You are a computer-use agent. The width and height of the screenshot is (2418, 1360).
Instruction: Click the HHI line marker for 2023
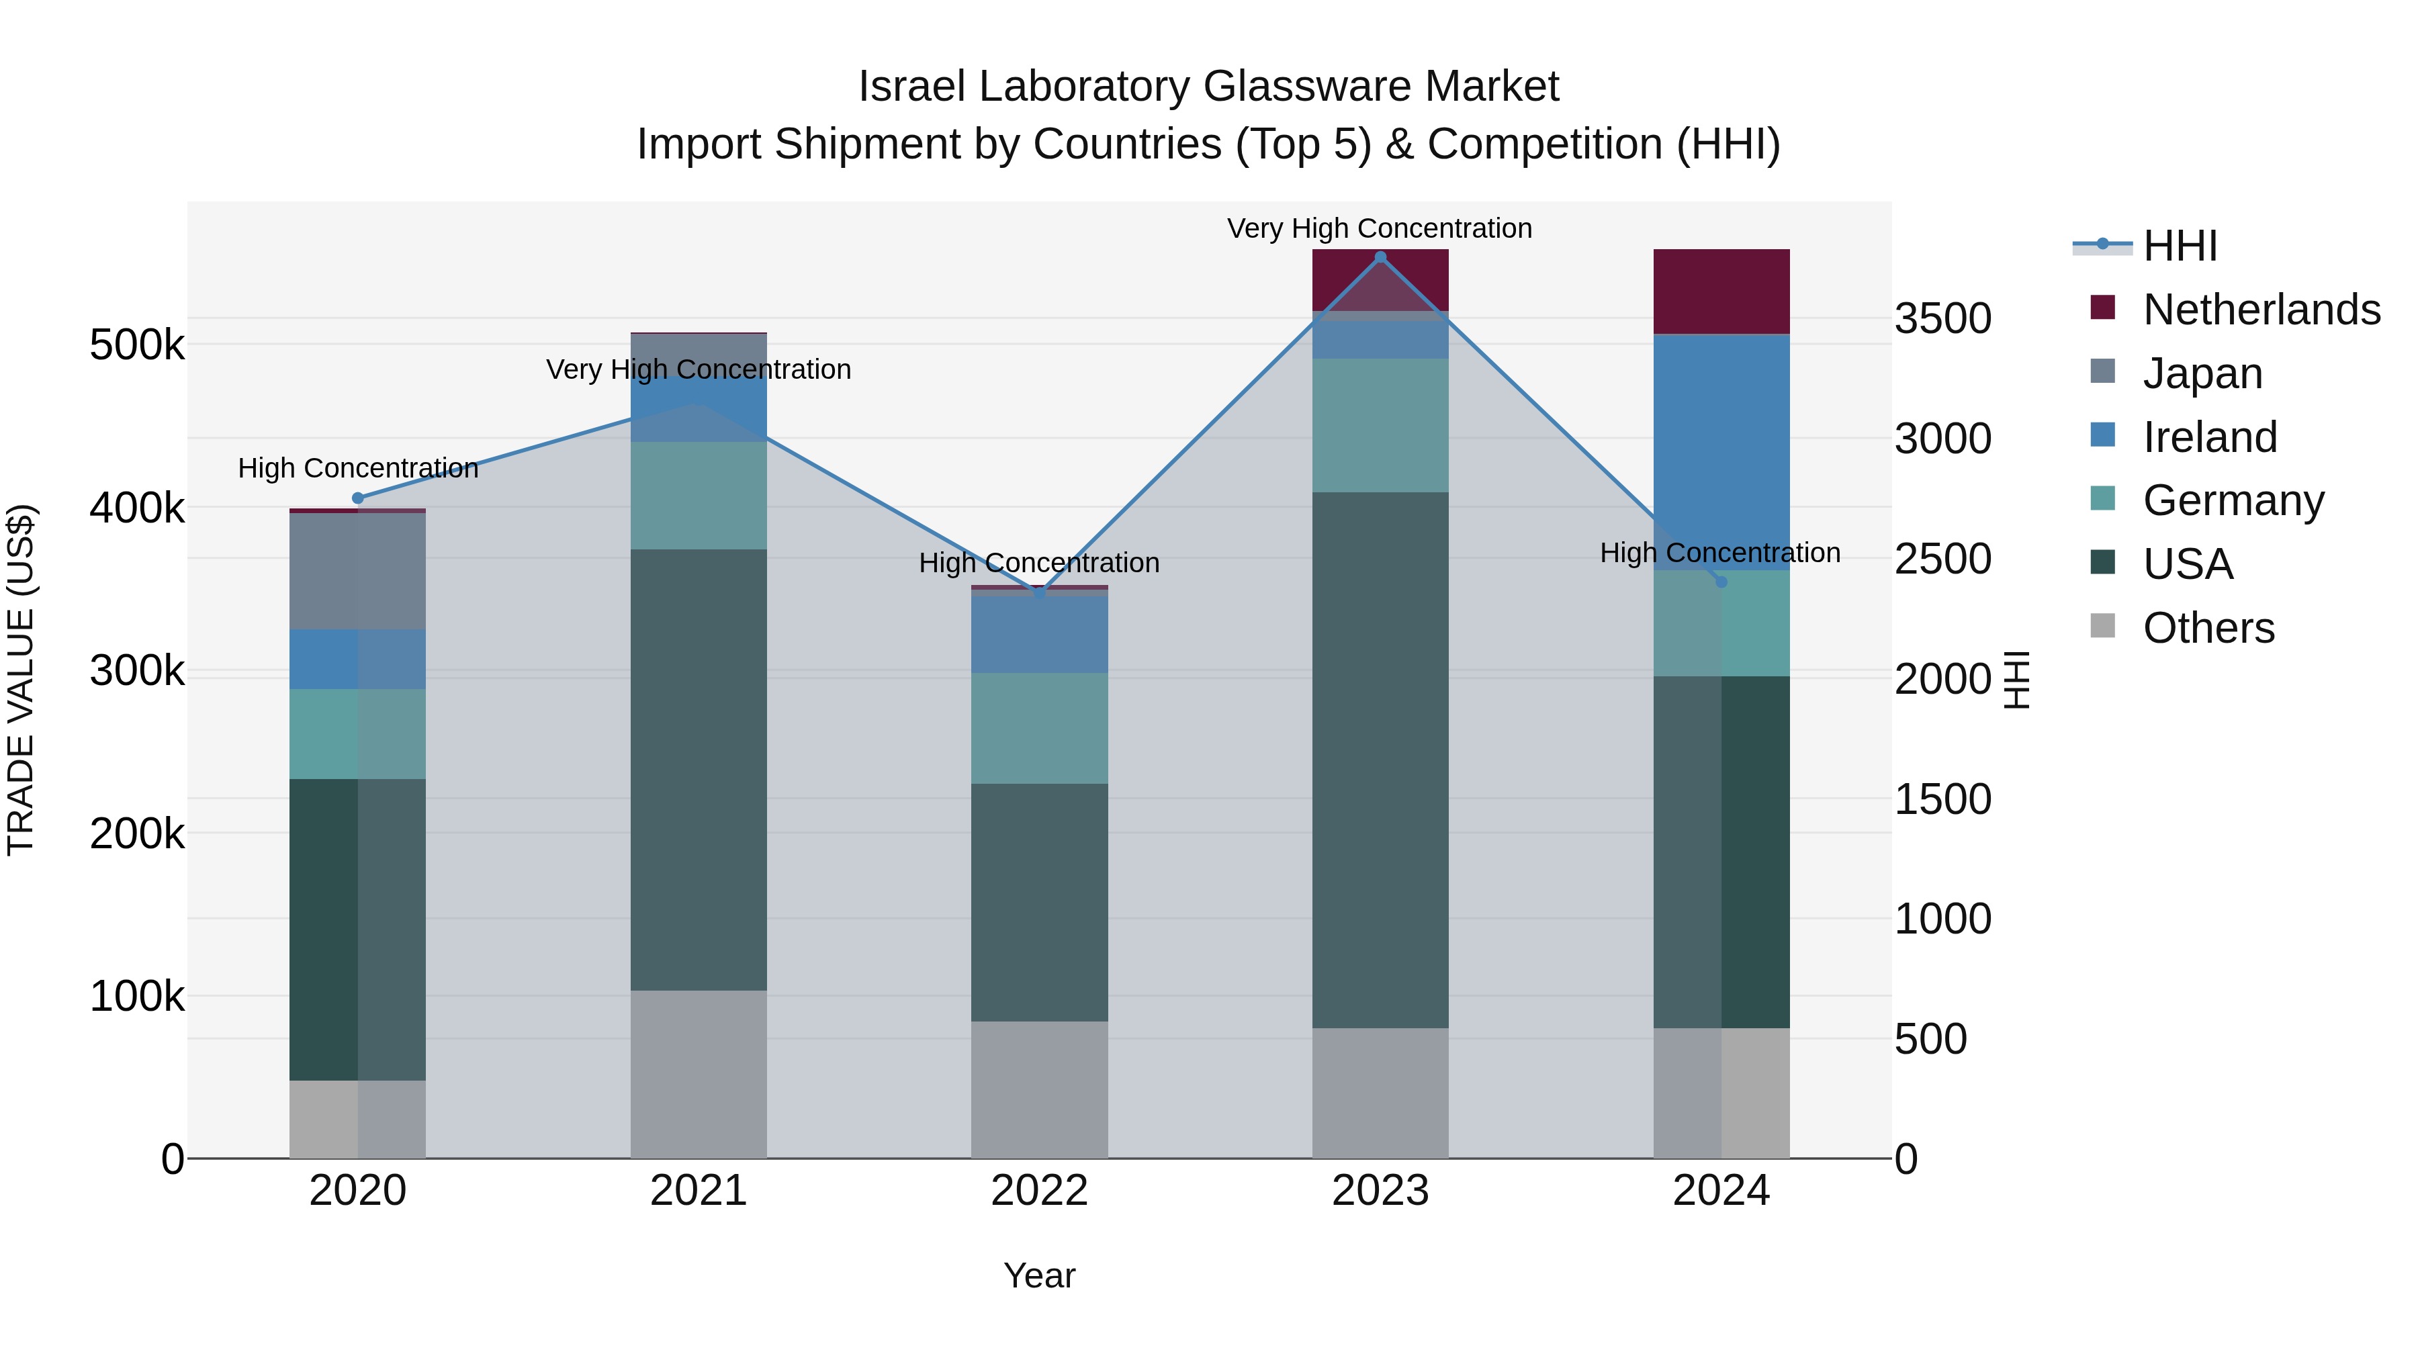[x=1380, y=257]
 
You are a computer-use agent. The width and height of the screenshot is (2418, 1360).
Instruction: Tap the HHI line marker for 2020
[x=357, y=498]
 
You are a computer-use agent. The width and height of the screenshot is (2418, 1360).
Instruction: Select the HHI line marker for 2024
[x=1721, y=582]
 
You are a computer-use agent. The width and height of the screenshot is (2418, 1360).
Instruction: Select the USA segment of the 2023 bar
[x=1380, y=760]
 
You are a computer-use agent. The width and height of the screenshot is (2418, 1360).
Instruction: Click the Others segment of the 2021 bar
[x=699, y=1074]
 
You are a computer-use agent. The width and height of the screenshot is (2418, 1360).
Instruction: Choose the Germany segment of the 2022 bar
[x=1039, y=728]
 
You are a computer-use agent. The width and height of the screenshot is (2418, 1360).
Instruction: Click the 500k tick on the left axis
[x=137, y=345]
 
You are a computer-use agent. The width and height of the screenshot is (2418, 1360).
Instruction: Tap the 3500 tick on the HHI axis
[x=1942, y=318]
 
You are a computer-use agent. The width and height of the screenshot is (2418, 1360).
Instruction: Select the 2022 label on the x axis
[x=1039, y=1191]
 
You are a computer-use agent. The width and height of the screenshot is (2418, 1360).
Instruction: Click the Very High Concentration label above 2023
[x=1379, y=228]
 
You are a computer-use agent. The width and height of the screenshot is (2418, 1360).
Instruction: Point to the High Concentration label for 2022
[x=1039, y=563]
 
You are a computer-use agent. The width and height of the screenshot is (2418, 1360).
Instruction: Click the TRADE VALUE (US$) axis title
[x=21, y=680]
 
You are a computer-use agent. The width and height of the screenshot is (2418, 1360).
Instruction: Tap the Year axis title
[x=1039, y=1275]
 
